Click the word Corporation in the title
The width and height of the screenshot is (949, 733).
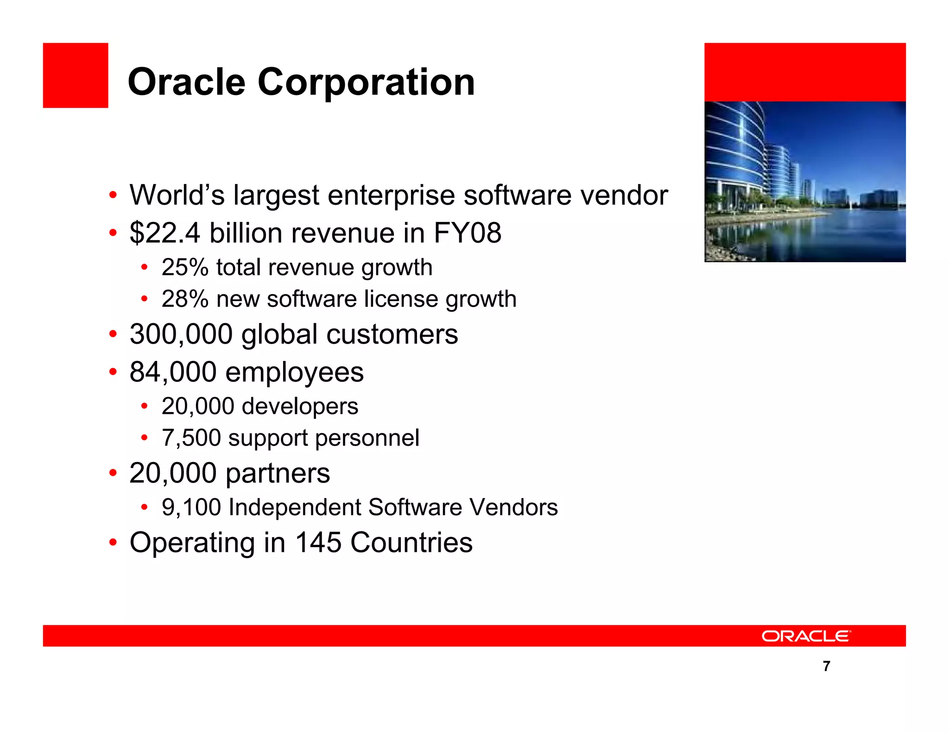(x=366, y=82)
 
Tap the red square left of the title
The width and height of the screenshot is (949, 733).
(x=76, y=76)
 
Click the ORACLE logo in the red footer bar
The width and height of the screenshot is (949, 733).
(x=806, y=636)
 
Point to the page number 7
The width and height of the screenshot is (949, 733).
(x=826, y=666)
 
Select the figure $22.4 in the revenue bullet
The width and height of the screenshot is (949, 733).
(x=164, y=233)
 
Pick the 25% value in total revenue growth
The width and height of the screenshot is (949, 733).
(x=185, y=268)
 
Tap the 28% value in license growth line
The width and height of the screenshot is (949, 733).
(x=185, y=299)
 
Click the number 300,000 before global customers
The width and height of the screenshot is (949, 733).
(x=181, y=335)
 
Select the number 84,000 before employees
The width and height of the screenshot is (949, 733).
(x=173, y=372)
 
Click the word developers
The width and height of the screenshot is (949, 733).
(x=300, y=406)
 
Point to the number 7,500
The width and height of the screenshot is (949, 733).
(x=191, y=438)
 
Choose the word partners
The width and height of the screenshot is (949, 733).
(x=278, y=474)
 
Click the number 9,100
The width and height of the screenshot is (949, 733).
(x=191, y=507)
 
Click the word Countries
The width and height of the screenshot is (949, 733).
(x=411, y=543)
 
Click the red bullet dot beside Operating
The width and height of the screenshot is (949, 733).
(x=113, y=543)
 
